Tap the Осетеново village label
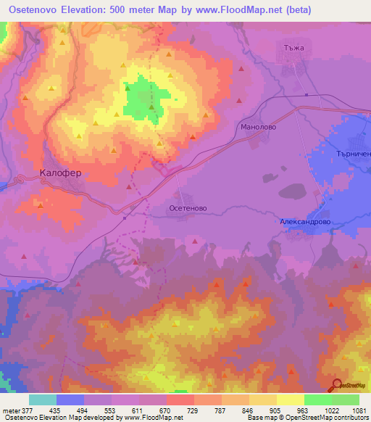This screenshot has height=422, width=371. pyautogui.click(x=188, y=207)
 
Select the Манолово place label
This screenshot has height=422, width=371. pyautogui.click(x=254, y=126)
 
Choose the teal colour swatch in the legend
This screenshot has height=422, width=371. pyautogui.click(x=43, y=400)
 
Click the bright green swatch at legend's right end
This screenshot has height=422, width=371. pyautogui.click(x=346, y=400)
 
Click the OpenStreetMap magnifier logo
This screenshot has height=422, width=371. pyautogui.click(x=338, y=385)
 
